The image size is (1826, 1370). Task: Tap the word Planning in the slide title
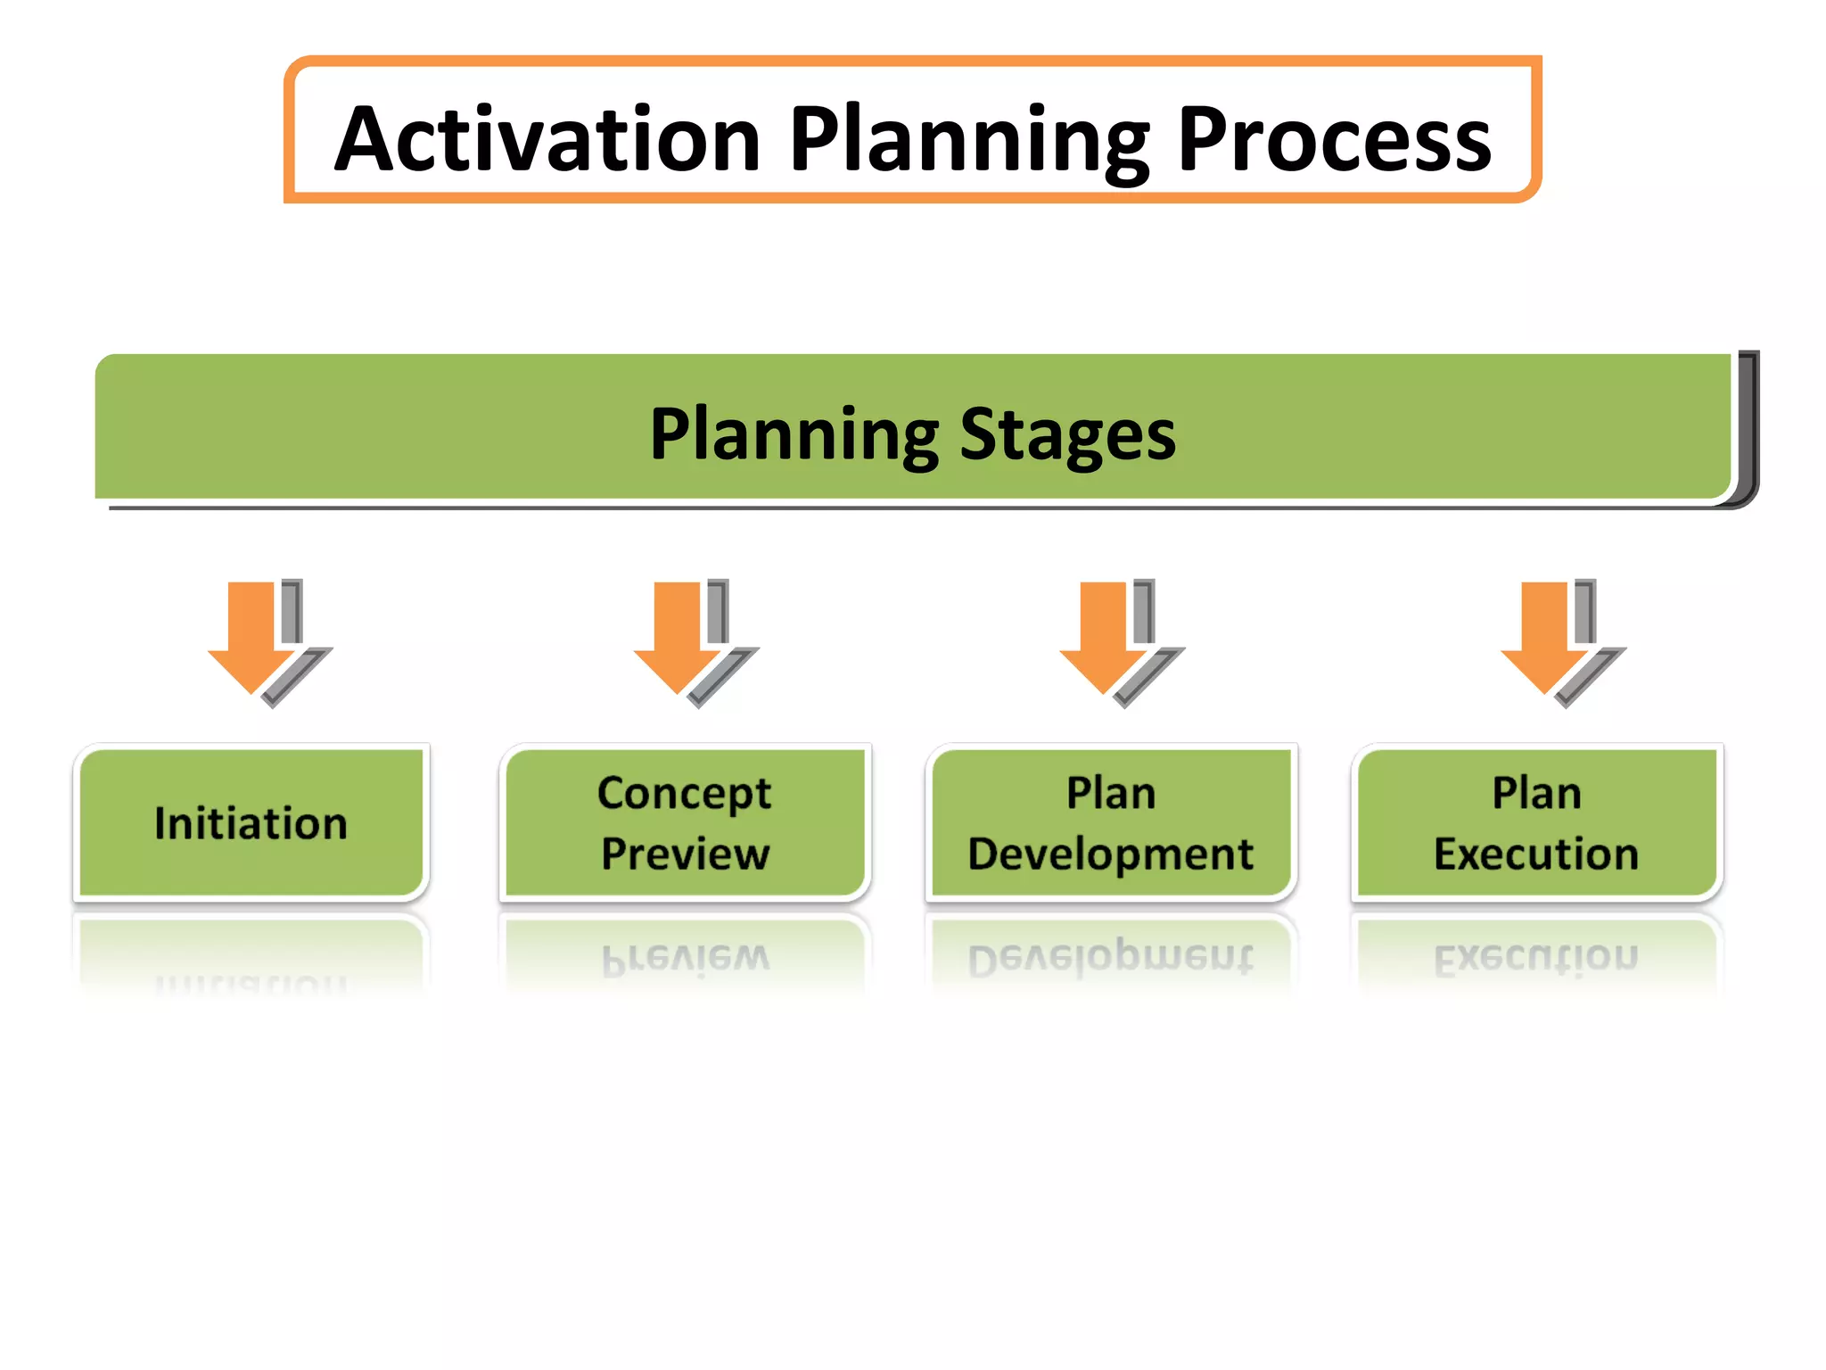(x=969, y=140)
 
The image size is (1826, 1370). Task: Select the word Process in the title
(x=1334, y=140)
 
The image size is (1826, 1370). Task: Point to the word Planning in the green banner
(x=794, y=434)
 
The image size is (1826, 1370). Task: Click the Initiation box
(x=251, y=822)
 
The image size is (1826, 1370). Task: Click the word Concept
(x=684, y=793)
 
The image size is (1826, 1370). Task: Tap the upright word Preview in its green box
(x=685, y=854)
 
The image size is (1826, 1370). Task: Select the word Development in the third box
(x=1110, y=854)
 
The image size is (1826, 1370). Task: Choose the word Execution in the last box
(x=1536, y=854)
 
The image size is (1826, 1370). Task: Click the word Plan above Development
(x=1111, y=793)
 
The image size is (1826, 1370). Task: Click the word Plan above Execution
(x=1537, y=793)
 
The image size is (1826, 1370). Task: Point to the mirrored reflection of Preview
(x=685, y=958)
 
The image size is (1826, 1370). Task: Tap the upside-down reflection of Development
(x=1110, y=958)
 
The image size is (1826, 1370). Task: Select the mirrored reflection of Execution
(x=1536, y=958)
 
